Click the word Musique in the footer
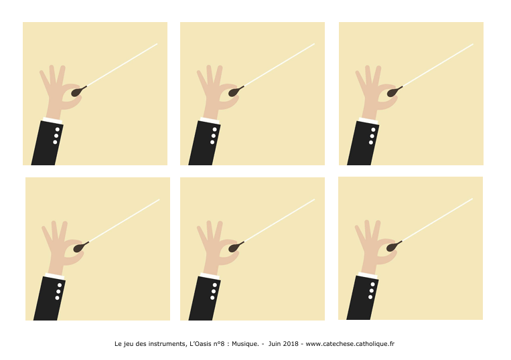coord(244,344)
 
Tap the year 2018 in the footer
coord(291,344)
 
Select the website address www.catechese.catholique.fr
coord(350,344)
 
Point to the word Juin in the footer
coord(274,344)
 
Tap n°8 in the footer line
coord(219,344)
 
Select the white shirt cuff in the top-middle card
coord(210,120)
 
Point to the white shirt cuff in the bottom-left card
coord(55,276)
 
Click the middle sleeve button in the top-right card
coord(372,136)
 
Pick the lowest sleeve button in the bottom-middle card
coord(212,298)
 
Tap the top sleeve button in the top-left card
coord(58,129)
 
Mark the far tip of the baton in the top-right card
coord(473,44)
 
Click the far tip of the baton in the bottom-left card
coord(159,199)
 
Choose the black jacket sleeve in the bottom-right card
coord(362,298)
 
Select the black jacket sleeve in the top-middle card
coord(205,143)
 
